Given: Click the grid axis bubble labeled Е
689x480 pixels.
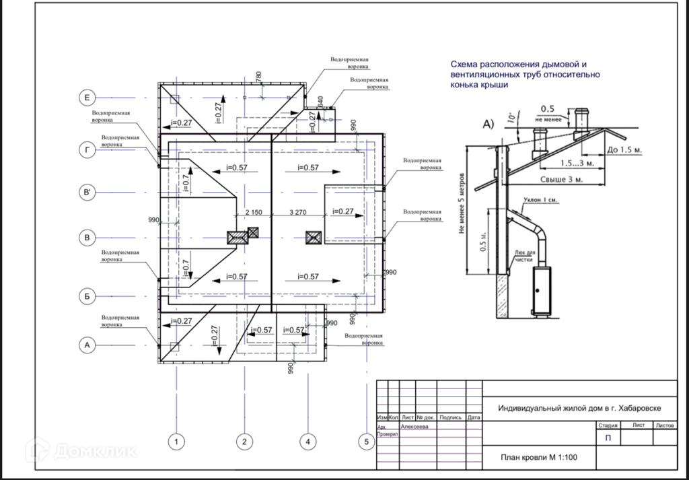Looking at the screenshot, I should click(x=87, y=98).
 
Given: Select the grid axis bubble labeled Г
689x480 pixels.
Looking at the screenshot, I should click(x=87, y=151).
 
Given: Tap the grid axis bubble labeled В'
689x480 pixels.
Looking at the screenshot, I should click(x=87, y=193).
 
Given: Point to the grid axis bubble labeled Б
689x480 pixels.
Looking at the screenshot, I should click(x=87, y=296).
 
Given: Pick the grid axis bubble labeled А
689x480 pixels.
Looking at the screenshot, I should click(x=87, y=345).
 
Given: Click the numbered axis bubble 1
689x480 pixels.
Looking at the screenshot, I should click(x=176, y=442).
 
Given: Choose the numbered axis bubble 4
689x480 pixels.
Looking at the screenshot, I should click(x=307, y=442).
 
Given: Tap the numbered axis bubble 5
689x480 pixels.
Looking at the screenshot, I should click(x=367, y=442).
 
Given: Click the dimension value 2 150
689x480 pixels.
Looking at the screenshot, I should click(x=254, y=212).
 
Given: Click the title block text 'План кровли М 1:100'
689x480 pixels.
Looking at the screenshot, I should click(x=538, y=457).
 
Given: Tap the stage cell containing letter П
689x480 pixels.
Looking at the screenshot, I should click(x=608, y=438).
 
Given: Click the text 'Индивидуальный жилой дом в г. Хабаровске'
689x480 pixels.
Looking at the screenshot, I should click(x=579, y=409).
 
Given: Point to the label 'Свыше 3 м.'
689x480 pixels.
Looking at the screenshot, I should click(x=561, y=180).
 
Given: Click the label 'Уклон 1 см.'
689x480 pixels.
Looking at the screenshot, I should click(x=540, y=200).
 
